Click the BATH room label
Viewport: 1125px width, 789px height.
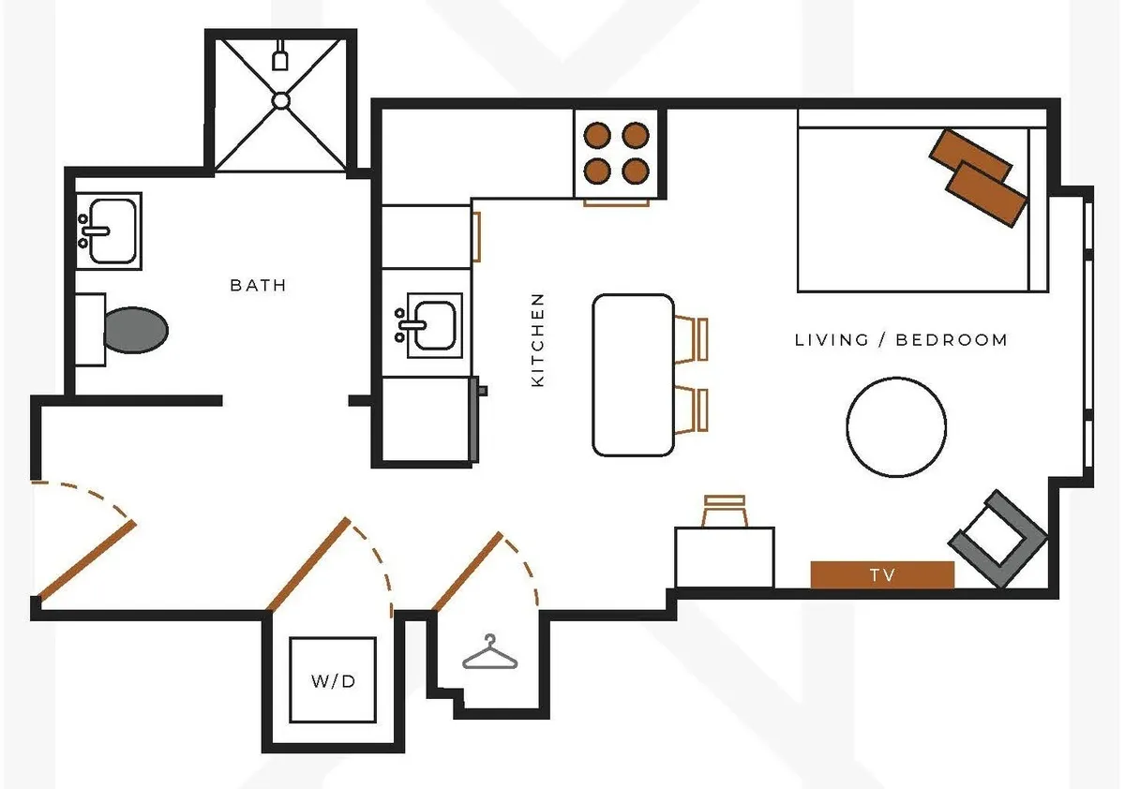click(x=258, y=285)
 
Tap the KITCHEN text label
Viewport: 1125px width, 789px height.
click(x=537, y=340)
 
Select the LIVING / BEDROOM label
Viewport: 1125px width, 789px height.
click(x=901, y=340)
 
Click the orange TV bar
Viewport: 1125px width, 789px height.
click(x=881, y=574)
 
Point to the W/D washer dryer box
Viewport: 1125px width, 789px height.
click(x=333, y=680)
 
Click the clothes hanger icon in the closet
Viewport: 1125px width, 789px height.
click(x=488, y=653)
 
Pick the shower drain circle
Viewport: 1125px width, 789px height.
click(x=281, y=100)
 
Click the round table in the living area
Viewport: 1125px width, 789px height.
click(x=895, y=426)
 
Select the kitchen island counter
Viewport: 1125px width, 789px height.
click(x=634, y=375)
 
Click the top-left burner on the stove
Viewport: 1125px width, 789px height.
click(x=595, y=136)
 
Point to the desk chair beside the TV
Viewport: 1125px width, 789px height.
click(x=724, y=511)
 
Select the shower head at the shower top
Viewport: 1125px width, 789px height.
click(x=280, y=61)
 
